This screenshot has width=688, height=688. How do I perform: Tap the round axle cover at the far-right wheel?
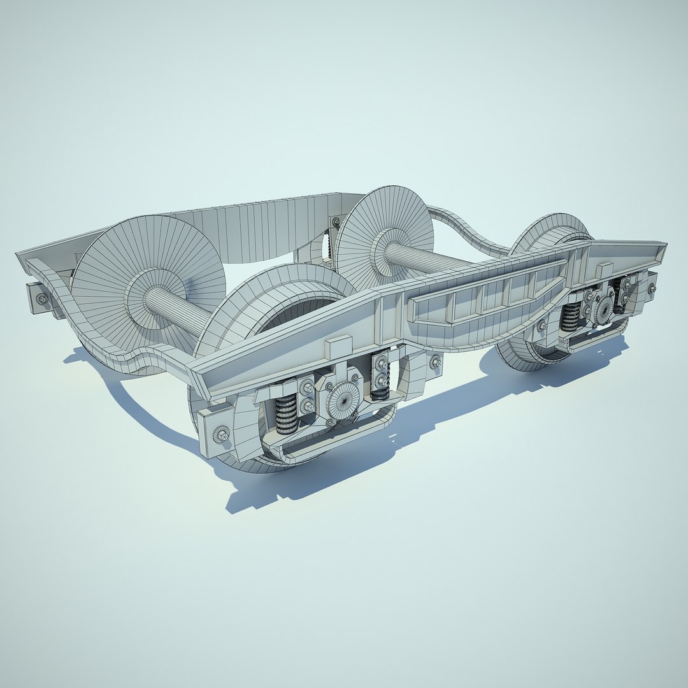(603, 308)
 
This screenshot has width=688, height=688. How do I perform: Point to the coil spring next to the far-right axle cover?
(571, 315)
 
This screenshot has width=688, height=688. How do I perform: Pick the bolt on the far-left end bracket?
(42, 298)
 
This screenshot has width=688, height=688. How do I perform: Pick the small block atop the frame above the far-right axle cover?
(605, 269)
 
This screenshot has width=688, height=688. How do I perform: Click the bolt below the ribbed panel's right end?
(542, 326)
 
